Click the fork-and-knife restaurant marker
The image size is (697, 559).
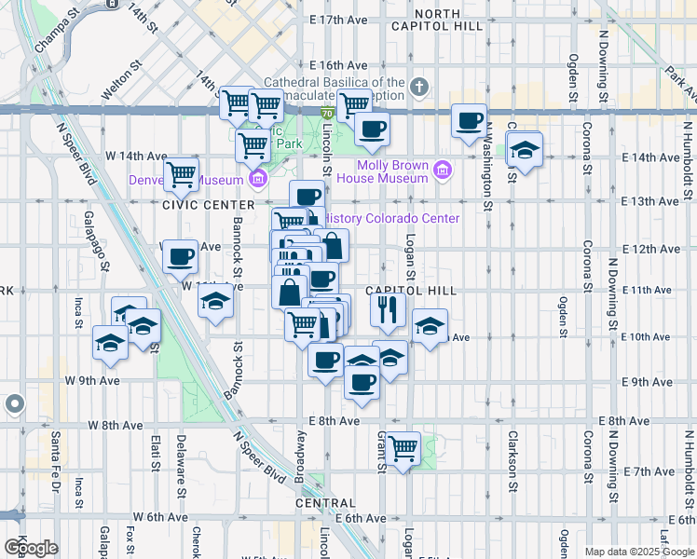click(387, 308)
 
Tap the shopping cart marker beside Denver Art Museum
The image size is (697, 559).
click(181, 174)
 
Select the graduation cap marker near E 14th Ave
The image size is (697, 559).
click(525, 150)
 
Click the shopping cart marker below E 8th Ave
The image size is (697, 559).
click(403, 450)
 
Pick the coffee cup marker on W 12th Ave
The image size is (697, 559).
click(180, 256)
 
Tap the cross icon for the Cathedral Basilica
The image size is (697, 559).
click(419, 89)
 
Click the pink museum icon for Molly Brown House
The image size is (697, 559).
click(442, 171)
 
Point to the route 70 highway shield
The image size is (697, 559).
click(327, 114)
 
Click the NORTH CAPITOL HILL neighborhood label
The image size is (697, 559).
click(448, 20)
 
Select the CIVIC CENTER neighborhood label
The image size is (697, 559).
click(209, 205)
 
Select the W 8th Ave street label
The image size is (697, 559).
click(116, 425)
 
